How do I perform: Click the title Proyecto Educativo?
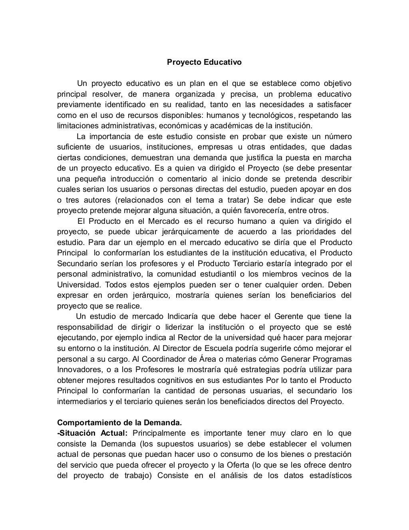tap(204, 63)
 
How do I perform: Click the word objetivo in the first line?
tap(335, 84)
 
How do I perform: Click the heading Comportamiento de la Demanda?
tap(119, 422)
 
